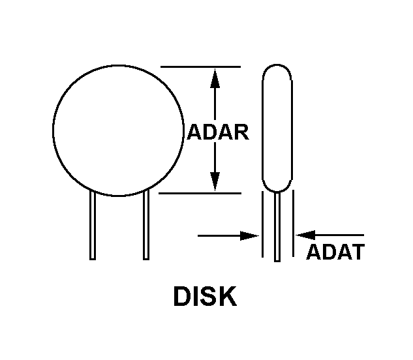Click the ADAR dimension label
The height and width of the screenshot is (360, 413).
pos(218,132)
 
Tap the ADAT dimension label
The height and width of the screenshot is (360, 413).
pos(335,252)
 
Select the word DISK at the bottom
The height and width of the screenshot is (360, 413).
pos(204,296)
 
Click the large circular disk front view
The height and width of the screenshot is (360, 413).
pos(117,130)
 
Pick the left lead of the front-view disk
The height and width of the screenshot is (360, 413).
pos(93,225)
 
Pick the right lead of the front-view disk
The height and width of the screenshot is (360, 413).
pos(146,225)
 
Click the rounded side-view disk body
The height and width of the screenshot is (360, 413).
pos(277,127)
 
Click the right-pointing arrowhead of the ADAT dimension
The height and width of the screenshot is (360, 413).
pos(251,235)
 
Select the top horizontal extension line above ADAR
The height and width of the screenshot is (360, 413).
pos(200,67)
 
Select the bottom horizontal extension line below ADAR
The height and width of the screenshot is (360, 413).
pos(200,193)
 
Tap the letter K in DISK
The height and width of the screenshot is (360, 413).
pos(228,296)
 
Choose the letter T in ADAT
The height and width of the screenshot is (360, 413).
pos(357,252)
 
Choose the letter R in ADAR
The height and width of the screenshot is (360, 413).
pos(241,132)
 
